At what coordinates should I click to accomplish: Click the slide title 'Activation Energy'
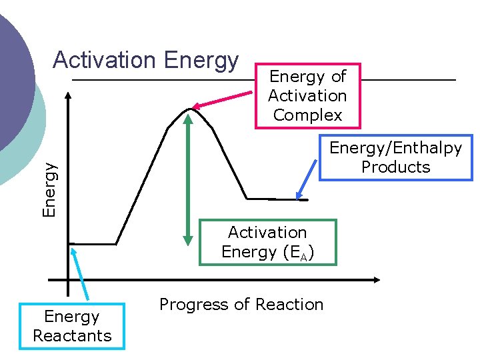pyautogui.click(x=145, y=61)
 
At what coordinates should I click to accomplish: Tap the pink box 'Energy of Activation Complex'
pyautogui.click(x=307, y=96)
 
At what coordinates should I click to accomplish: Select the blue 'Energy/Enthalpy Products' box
pyautogui.click(x=395, y=157)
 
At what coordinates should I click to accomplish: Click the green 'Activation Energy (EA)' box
pyautogui.click(x=267, y=242)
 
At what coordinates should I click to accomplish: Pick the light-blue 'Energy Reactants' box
pyautogui.click(x=72, y=326)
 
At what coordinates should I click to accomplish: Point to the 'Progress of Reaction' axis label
pyautogui.click(x=241, y=305)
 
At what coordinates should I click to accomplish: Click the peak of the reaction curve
pyautogui.click(x=191, y=108)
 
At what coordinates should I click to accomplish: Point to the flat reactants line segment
pyautogui.click(x=93, y=243)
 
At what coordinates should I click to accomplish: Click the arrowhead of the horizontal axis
pyautogui.click(x=376, y=279)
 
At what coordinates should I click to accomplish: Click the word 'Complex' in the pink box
pyautogui.click(x=307, y=115)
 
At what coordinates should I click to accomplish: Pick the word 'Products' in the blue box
pyautogui.click(x=395, y=167)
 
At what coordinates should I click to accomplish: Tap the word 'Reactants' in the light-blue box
pyautogui.click(x=72, y=335)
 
